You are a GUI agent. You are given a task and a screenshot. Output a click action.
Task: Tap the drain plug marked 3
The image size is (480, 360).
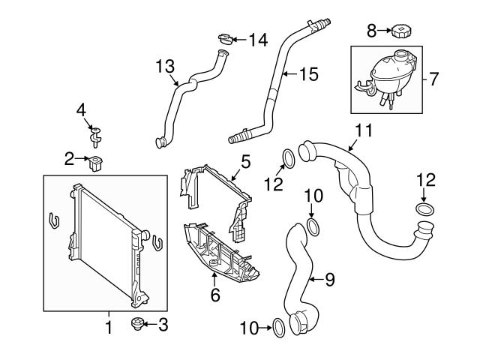point(137,324)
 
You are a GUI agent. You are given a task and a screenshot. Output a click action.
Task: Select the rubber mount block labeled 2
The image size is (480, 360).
point(95,161)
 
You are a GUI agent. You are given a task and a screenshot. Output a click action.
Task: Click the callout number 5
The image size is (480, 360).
point(246,160)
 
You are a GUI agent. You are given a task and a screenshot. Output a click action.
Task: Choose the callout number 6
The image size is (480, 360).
point(215,295)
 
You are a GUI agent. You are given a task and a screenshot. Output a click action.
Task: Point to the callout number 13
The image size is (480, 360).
point(165,67)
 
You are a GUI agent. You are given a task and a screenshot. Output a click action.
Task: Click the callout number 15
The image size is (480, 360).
point(309,74)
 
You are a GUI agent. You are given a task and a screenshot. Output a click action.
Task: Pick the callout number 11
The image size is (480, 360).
point(363,130)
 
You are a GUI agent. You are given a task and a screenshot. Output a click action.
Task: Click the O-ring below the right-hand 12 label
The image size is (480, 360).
point(424,209)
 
